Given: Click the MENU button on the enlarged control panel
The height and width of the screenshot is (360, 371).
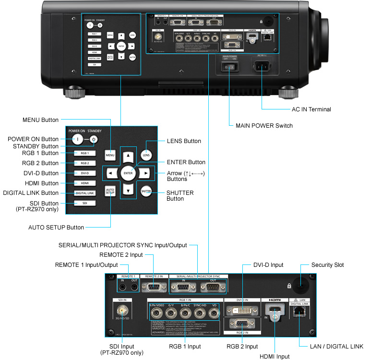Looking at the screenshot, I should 111,155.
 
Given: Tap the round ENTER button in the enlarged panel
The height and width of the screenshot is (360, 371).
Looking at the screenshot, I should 128,172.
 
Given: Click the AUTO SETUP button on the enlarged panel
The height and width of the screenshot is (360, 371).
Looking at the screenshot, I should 111,191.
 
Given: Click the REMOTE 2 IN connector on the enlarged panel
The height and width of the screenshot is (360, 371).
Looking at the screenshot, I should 154,288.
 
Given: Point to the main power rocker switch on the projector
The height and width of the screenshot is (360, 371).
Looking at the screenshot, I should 230,68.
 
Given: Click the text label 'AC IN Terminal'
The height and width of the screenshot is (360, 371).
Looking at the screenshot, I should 311,109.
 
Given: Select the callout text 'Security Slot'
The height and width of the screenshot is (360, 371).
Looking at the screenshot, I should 328,264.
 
